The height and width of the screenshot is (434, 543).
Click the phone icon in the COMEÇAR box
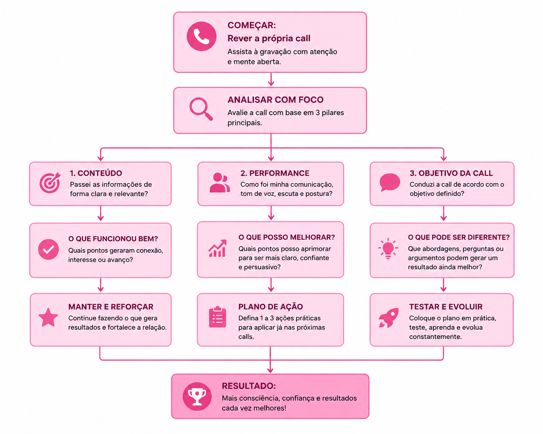coord(201,36)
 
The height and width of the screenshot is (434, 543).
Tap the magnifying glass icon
coord(201,109)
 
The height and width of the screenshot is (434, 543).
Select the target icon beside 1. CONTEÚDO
coord(50,183)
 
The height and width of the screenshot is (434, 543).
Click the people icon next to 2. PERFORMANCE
coord(220,183)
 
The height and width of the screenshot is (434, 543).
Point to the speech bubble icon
coord(390,182)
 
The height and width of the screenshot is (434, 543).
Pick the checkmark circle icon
coord(48,249)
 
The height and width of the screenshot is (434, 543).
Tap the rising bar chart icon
coord(217,248)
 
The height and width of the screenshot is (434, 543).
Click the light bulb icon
coord(388,248)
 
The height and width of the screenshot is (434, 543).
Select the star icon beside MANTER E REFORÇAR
coord(48,318)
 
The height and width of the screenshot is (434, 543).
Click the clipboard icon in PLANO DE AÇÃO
coord(217,317)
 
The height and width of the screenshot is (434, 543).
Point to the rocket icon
coord(388,318)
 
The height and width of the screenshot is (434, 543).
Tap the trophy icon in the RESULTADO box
coord(197,396)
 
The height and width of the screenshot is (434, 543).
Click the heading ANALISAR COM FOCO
coord(275,100)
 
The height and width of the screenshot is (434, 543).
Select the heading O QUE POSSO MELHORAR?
coord(286,237)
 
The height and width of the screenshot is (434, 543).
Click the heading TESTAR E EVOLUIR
coord(446,306)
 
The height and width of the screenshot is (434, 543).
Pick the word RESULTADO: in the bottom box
coord(249,386)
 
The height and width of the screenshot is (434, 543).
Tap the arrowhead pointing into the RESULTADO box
coord(270,370)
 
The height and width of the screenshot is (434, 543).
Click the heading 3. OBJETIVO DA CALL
coord(451,173)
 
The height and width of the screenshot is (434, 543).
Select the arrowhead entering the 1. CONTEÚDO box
coord(101,158)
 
